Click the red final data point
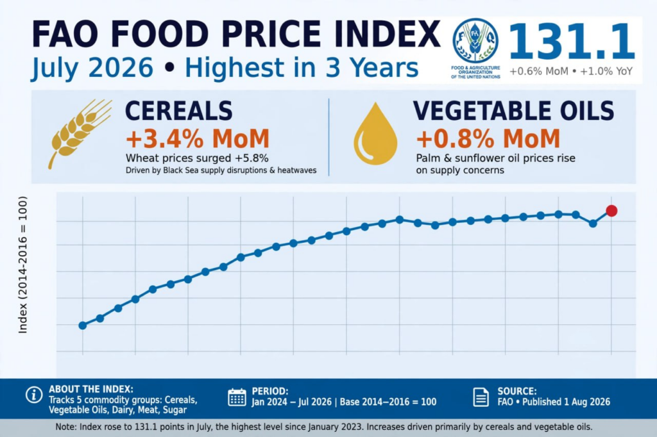click(x=611, y=211)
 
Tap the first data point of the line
click(x=83, y=326)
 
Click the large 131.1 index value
click(x=572, y=41)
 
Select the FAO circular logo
click(x=475, y=41)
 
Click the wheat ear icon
click(x=79, y=133)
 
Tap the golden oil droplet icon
click(x=375, y=133)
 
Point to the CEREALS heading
click(x=178, y=111)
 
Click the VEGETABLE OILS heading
click(x=513, y=111)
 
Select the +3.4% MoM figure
click(x=198, y=138)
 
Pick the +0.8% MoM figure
click(x=488, y=138)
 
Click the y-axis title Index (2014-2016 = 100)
click(x=22, y=265)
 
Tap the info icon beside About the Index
click(x=34, y=394)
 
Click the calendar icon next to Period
click(x=237, y=397)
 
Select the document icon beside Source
click(x=481, y=397)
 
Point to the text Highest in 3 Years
click(x=302, y=68)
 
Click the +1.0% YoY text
click(x=606, y=71)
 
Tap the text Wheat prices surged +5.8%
click(x=197, y=158)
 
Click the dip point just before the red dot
click(x=593, y=224)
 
